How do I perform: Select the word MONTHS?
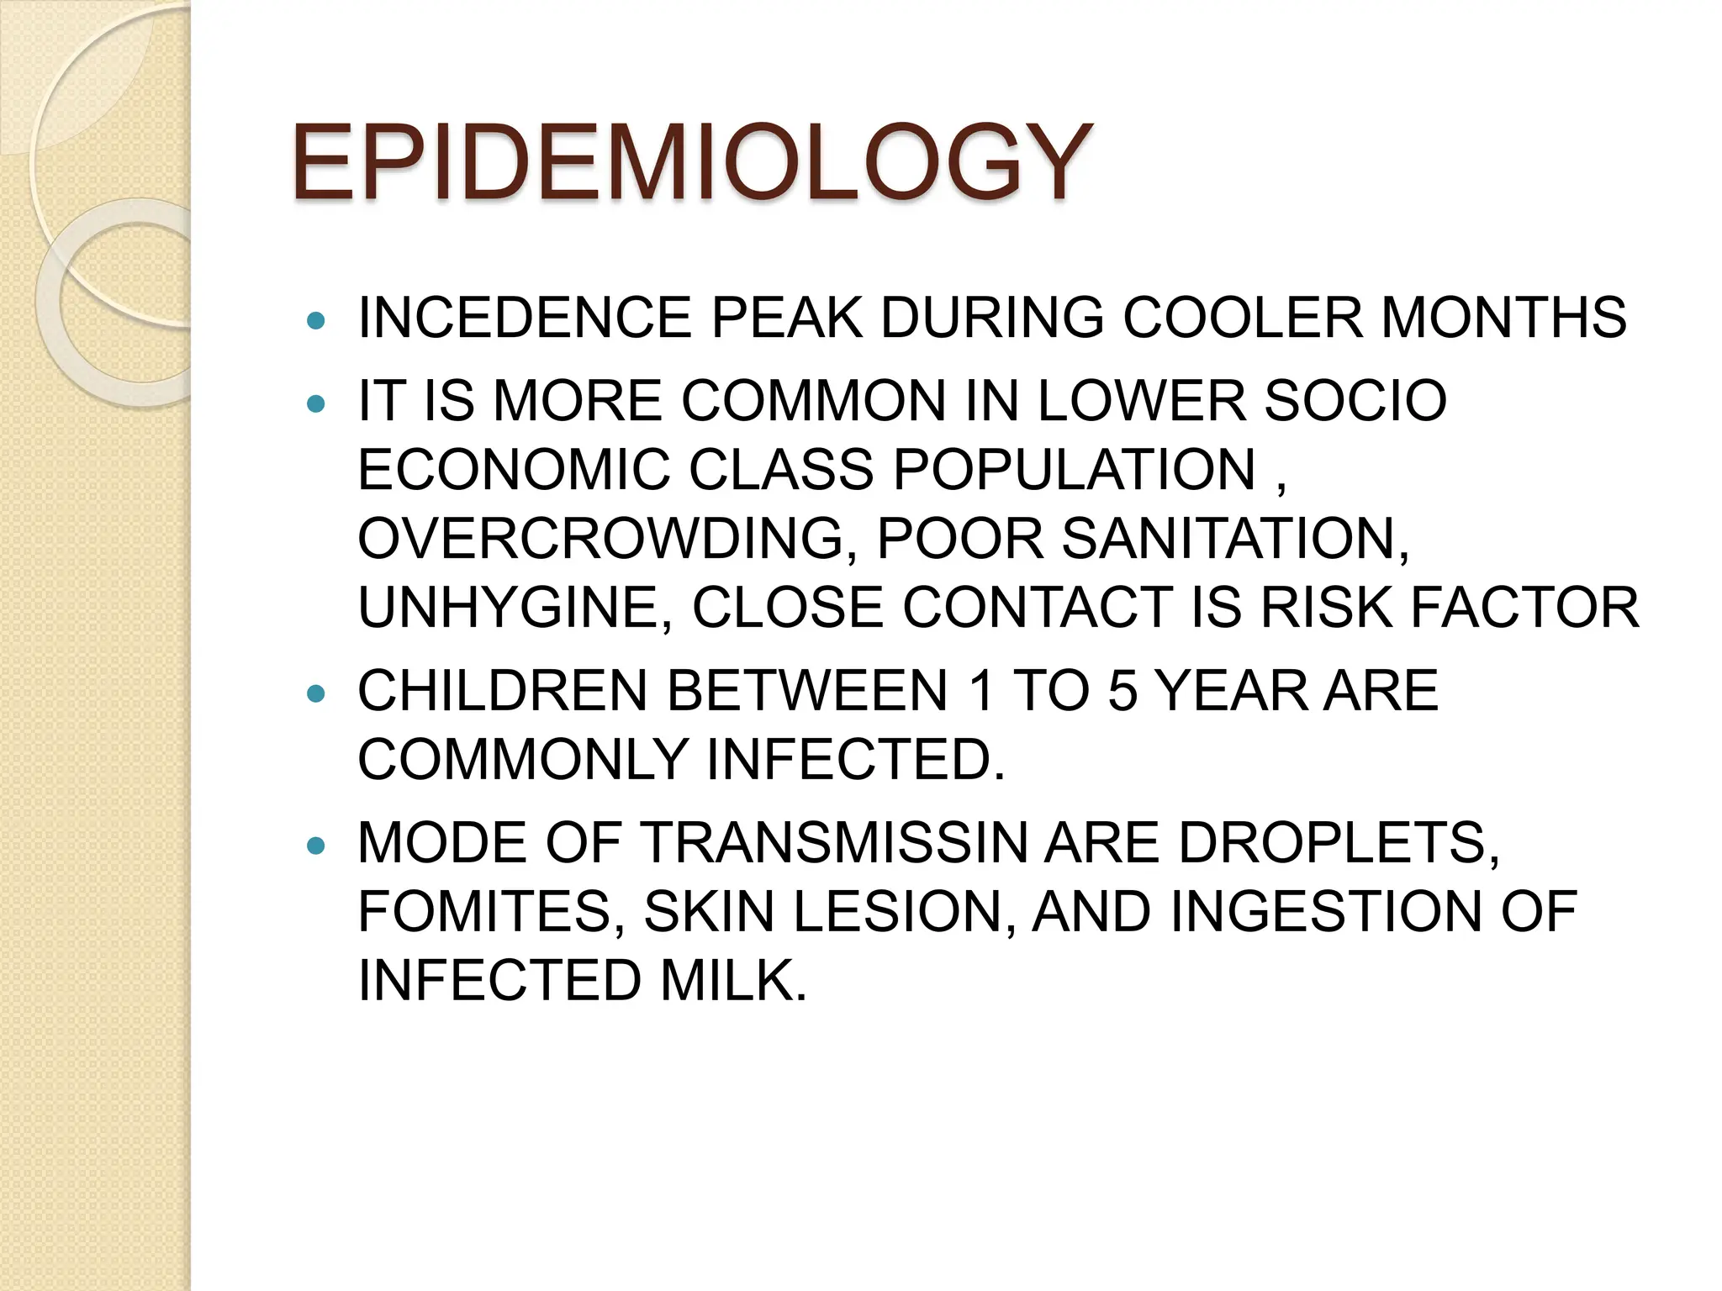1503,318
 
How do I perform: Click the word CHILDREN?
502,691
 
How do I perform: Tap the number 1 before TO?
980,691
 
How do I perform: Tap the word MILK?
732,980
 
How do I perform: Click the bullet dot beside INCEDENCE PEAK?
316,320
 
